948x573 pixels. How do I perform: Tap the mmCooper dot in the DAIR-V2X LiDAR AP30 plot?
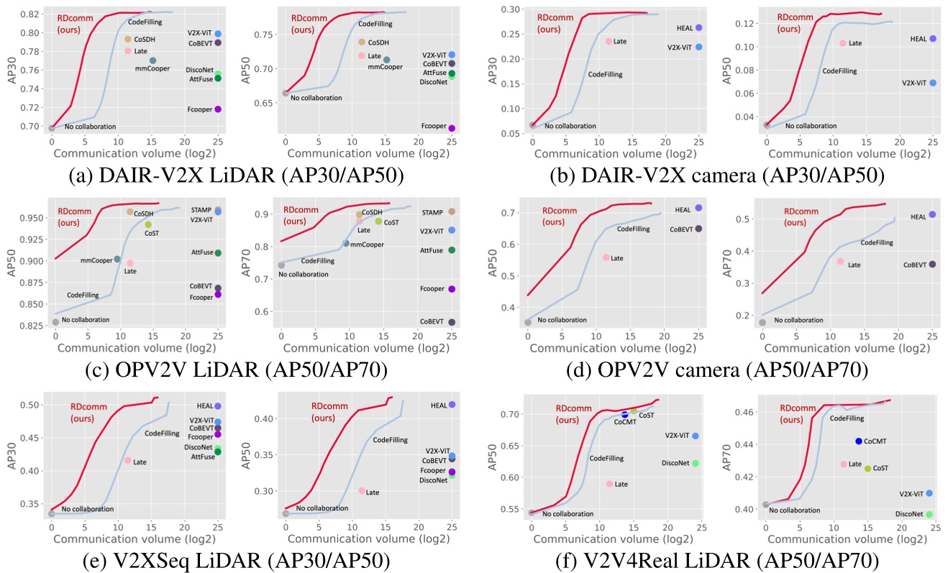point(152,60)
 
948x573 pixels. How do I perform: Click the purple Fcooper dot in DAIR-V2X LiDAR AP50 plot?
point(452,128)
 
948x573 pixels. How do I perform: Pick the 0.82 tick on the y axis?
point(31,14)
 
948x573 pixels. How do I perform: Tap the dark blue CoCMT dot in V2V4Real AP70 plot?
point(858,441)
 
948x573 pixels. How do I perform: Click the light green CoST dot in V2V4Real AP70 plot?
point(867,468)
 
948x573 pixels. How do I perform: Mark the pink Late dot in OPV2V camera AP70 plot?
point(840,262)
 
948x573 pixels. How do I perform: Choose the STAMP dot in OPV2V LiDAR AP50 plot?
point(218,209)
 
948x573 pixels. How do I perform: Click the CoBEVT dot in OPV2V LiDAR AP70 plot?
point(452,322)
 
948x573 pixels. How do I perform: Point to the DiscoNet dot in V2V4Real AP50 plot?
point(695,463)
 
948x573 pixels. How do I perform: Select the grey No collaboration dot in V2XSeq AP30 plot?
point(51,513)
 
